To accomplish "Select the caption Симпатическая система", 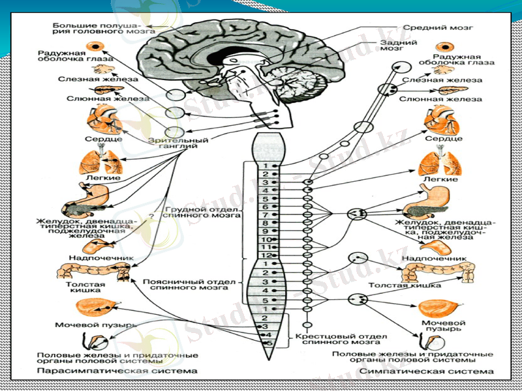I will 424,371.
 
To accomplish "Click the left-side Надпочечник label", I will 107,258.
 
